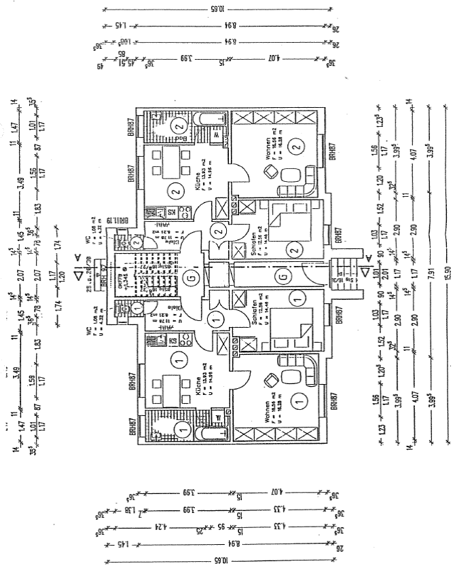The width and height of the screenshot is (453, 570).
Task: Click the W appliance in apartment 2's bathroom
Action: point(216,134)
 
